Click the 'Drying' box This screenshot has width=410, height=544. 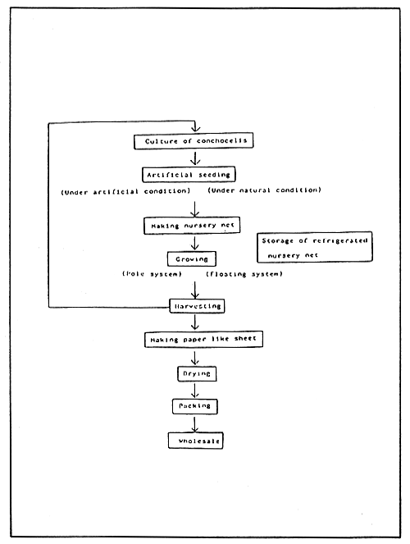(195, 373)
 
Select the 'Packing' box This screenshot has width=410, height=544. (195, 406)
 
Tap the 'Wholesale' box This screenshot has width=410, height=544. (195, 441)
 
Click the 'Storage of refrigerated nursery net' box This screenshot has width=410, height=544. (314, 247)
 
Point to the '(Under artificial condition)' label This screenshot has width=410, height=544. (126, 192)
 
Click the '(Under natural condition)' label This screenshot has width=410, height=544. (265, 191)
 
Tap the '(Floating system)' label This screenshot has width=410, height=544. (244, 273)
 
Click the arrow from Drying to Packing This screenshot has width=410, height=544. (195, 390)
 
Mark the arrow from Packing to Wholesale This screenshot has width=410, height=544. (195, 423)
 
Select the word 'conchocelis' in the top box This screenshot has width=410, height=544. (218, 142)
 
